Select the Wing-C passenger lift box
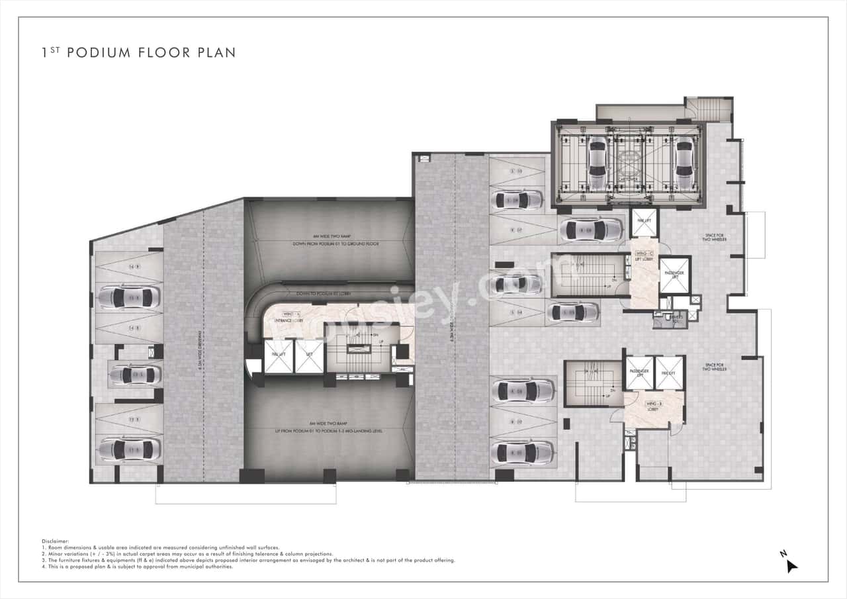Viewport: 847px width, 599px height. click(x=674, y=275)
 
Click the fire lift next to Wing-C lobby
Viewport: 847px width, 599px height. click(x=643, y=224)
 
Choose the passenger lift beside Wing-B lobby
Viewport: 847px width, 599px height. click(x=639, y=373)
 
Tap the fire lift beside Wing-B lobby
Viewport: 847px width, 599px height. click(x=668, y=373)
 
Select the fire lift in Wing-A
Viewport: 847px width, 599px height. click(x=278, y=357)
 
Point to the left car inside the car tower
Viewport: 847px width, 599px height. click(x=598, y=162)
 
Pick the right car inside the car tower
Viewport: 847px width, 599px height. click(x=683, y=162)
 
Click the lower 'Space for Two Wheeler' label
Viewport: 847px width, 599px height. click(x=715, y=367)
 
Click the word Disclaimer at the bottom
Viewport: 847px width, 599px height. click(x=55, y=541)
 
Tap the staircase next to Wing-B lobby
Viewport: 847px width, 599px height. click(x=591, y=384)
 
